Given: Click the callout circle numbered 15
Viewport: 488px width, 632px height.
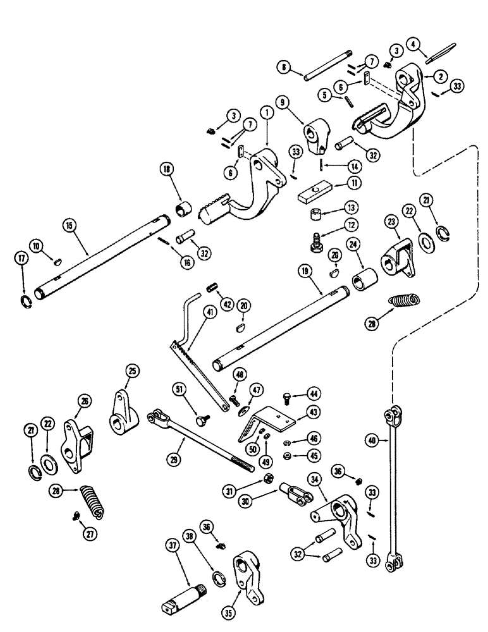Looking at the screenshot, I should pyautogui.click(x=69, y=224).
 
